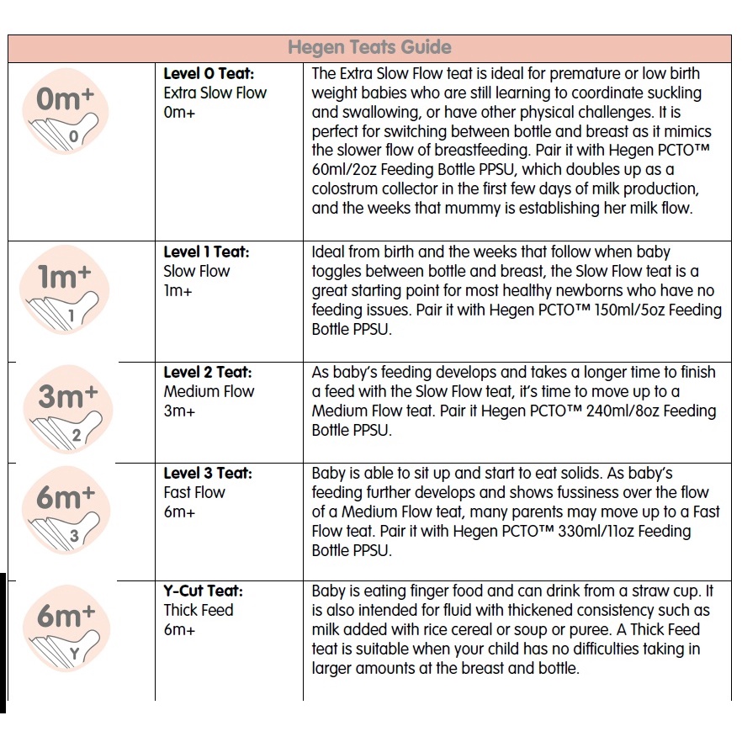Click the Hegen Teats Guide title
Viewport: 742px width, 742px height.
(369, 47)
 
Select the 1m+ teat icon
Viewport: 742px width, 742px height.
(65, 290)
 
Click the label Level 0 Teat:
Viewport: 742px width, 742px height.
(209, 73)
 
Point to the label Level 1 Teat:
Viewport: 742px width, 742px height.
(207, 252)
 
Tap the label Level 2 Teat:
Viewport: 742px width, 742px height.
(208, 372)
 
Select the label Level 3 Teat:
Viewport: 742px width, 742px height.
(208, 473)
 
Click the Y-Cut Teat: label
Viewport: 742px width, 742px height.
(203, 591)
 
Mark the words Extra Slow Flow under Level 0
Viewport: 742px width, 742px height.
(215, 93)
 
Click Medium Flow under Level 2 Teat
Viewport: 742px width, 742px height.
(209, 391)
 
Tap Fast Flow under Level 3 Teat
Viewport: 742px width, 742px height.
(194, 492)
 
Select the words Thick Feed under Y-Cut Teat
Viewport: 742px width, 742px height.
(199, 610)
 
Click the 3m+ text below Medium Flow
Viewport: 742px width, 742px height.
(179, 411)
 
